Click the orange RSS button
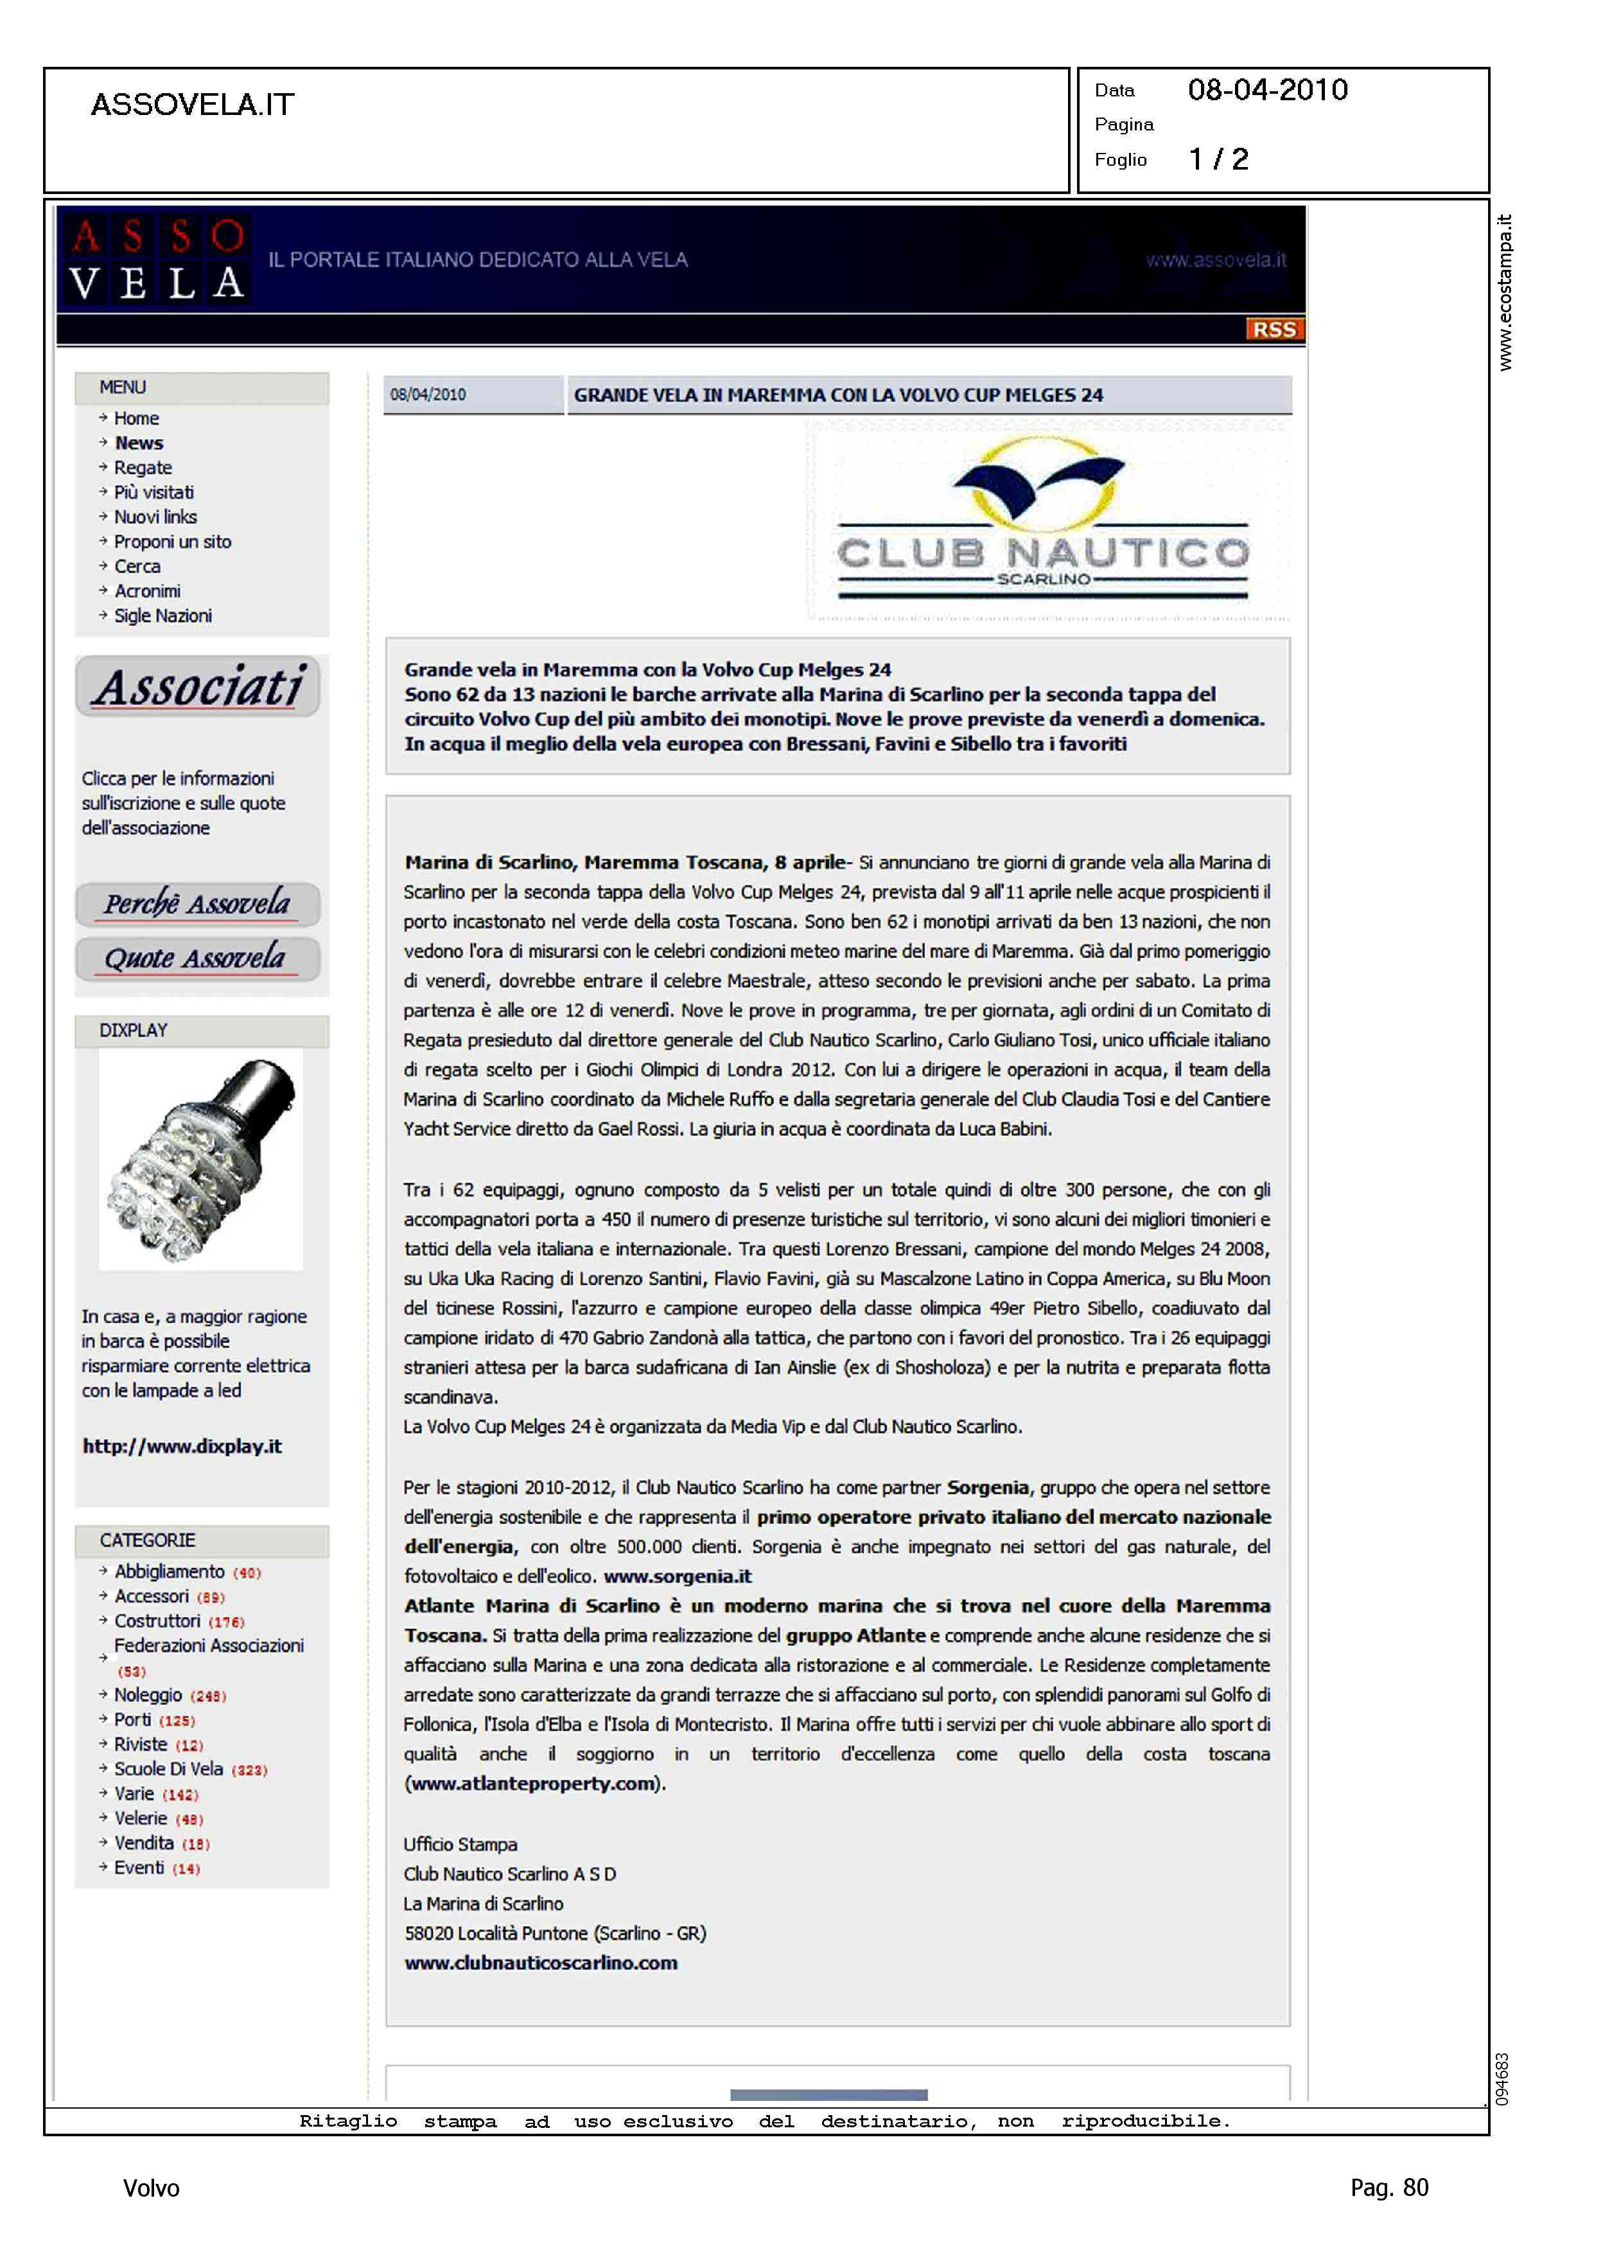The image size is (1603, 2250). coord(1274,330)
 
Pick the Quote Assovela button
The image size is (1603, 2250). coord(197,959)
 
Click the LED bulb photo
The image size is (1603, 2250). coord(200,1160)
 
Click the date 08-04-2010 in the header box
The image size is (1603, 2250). coord(1267,91)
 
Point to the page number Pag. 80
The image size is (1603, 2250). coord(1388,2188)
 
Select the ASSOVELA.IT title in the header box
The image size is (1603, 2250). coord(193,105)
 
